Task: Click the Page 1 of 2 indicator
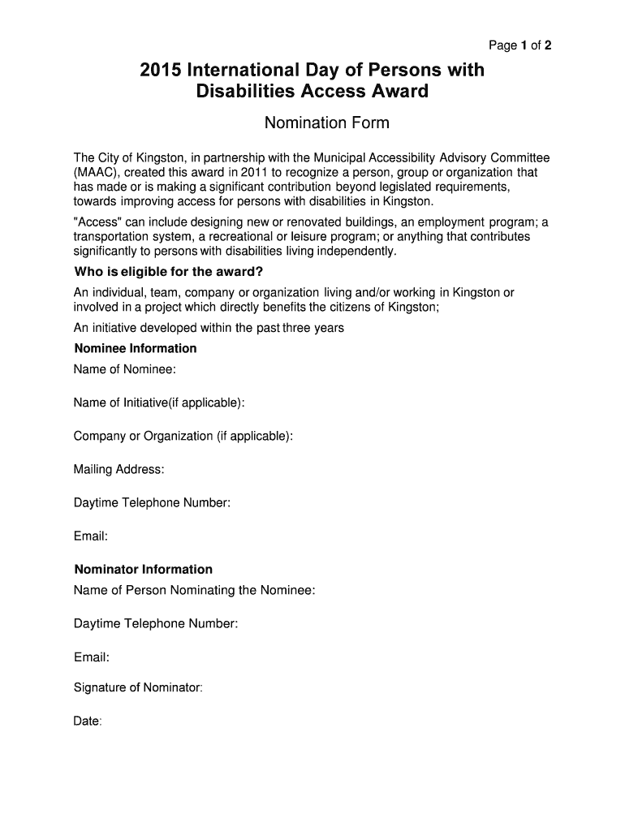[x=519, y=45]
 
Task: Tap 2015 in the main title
[x=161, y=71]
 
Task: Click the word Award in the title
[x=396, y=92]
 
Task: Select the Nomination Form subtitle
[x=327, y=123]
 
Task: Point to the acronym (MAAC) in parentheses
[x=97, y=172]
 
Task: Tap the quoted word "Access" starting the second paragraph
[x=99, y=222]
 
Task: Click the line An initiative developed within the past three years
[x=209, y=328]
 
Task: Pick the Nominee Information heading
[x=136, y=348]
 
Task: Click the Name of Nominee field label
[x=125, y=369]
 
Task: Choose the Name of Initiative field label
[x=160, y=403]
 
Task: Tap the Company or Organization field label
[x=183, y=436]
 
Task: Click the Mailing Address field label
[x=119, y=469]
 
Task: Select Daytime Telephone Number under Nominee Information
[x=153, y=503]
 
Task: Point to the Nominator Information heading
[x=144, y=569]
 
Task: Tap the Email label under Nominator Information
[x=92, y=657]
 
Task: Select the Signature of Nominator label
[x=138, y=687]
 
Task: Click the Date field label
[x=88, y=721]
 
